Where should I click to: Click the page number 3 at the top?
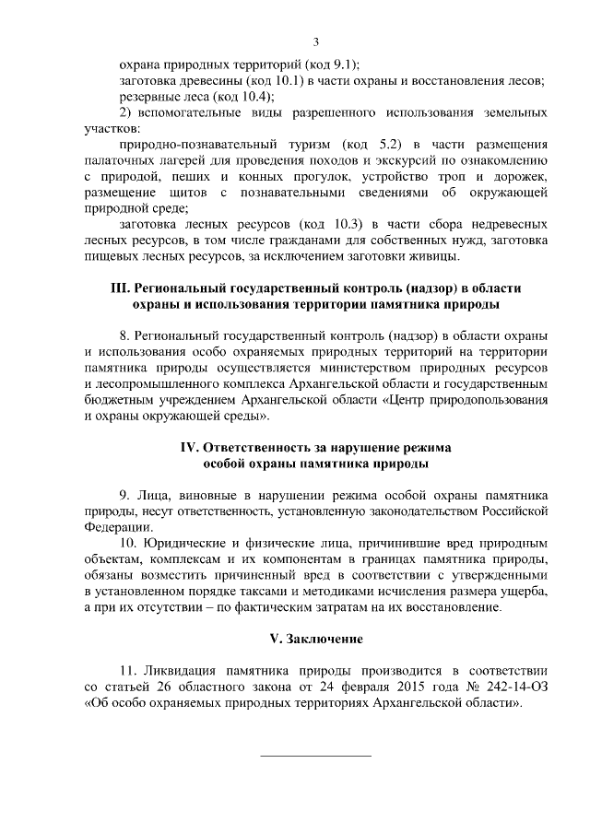(x=316, y=41)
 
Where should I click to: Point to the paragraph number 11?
(x=128, y=670)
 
